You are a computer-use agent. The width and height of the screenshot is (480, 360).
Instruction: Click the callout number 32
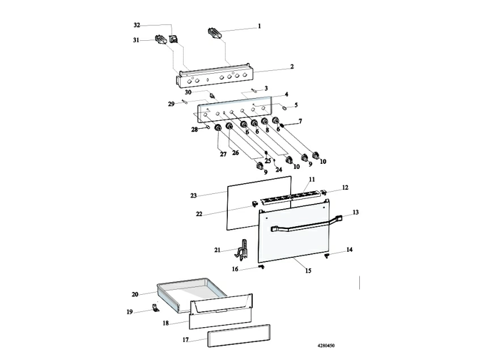(x=137, y=25)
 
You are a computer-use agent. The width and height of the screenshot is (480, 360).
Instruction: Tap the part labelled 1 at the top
(x=214, y=33)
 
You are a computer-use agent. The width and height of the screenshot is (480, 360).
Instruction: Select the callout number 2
(x=292, y=66)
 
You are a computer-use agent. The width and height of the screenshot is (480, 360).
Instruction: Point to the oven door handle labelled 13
(x=306, y=225)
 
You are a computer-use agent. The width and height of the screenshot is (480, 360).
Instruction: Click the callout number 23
(x=193, y=195)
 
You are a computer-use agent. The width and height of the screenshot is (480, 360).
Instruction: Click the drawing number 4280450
(x=326, y=346)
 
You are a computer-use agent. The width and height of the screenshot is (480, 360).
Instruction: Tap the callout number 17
(x=185, y=340)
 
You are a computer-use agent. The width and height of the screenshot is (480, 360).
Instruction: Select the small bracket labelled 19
(x=156, y=307)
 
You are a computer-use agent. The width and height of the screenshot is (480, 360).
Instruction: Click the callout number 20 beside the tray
(x=135, y=294)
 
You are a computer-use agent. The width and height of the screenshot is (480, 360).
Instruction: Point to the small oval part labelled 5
(x=284, y=108)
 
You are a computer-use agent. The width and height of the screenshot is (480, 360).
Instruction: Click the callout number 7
(x=300, y=121)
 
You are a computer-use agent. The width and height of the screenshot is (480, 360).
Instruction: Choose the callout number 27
(x=223, y=154)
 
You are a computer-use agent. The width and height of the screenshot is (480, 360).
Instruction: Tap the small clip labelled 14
(x=326, y=255)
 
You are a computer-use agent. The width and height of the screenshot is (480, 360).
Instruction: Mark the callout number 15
(x=308, y=270)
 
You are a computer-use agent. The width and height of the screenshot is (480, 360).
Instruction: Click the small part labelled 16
(x=261, y=267)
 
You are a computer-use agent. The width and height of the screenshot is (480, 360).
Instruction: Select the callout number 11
(x=312, y=179)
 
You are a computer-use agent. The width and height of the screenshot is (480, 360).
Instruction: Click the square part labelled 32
(x=173, y=40)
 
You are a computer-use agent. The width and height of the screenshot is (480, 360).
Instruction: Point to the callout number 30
(x=188, y=92)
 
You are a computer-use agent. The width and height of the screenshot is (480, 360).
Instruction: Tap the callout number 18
(x=165, y=323)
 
